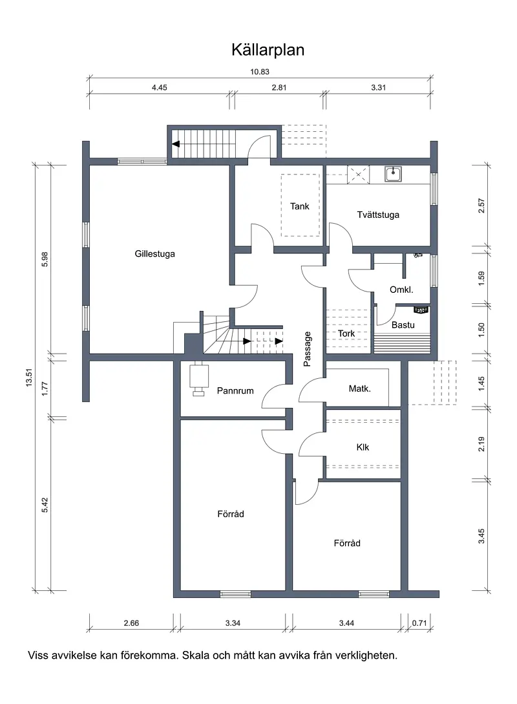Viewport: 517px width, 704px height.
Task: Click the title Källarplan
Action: (x=268, y=50)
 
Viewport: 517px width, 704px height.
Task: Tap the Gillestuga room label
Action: (x=155, y=253)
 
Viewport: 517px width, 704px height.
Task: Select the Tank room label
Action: (x=300, y=206)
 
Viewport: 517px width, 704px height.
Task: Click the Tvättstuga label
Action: (x=378, y=215)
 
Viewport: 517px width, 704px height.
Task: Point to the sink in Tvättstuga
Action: (x=393, y=174)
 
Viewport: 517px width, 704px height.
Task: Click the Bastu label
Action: (x=403, y=325)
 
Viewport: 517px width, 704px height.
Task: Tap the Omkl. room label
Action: (x=401, y=290)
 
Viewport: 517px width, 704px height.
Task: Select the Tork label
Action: (x=346, y=334)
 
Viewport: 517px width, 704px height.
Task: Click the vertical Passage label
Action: (x=308, y=349)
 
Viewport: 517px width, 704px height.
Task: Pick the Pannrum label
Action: (x=235, y=390)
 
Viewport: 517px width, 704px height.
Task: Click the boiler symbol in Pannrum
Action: (x=198, y=378)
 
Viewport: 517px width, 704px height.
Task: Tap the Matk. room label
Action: (x=360, y=389)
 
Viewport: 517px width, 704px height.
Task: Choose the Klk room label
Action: (x=363, y=447)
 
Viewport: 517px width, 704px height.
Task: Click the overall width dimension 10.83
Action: (x=260, y=72)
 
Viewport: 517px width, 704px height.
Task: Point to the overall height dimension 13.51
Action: (x=29, y=378)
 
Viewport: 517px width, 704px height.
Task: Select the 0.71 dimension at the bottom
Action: (x=419, y=623)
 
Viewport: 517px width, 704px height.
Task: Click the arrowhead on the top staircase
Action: (x=176, y=144)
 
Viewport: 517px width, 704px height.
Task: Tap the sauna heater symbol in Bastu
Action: (x=421, y=310)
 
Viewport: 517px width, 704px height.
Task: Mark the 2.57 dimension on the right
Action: (x=481, y=206)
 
